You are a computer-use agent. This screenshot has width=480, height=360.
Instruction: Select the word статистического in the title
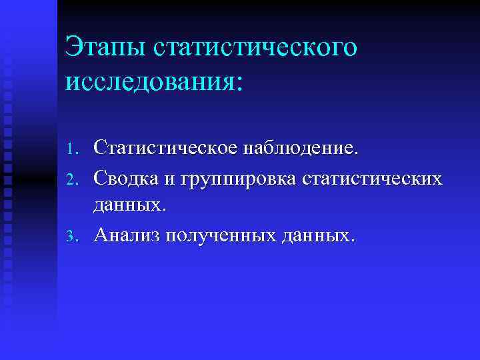coord(255,49)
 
